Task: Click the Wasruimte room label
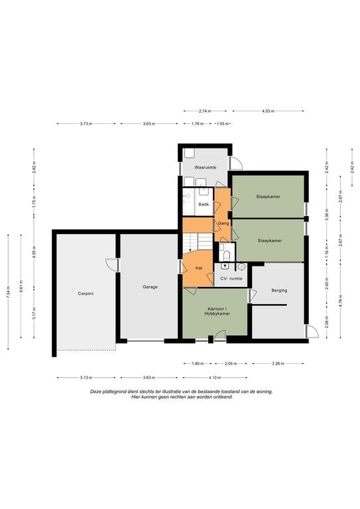click(x=205, y=168)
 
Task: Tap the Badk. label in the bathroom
click(x=204, y=205)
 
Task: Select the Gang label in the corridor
click(x=223, y=223)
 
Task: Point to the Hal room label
click(x=199, y=268)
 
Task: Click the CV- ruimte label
click(x=231, y=278)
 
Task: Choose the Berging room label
click(x=279, y=290)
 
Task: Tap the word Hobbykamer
click(x=217, y=314)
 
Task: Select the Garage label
click(x=150, y=287)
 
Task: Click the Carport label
click(x=86, y=294)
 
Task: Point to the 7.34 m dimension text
click(x=8, y=292)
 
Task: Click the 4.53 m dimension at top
click(x=268, y=111)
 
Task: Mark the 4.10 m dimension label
click(x=215, y=378)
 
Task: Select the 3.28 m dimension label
click(x=278, y=364)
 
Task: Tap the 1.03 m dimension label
click(x=223, y=124)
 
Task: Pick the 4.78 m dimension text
click(x=340, y=300)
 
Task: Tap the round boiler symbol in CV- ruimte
click(x=241, y=267)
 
